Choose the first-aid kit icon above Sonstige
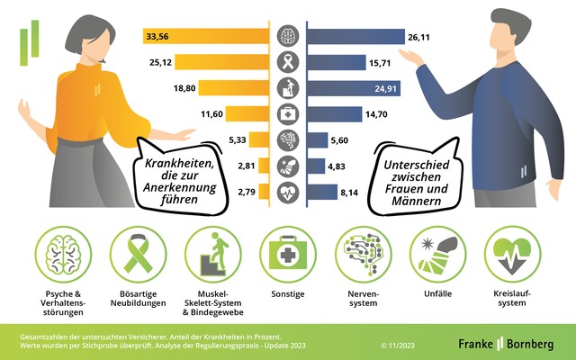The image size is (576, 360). pos(288,256)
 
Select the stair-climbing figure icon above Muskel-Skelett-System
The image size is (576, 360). pos(213,256)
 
